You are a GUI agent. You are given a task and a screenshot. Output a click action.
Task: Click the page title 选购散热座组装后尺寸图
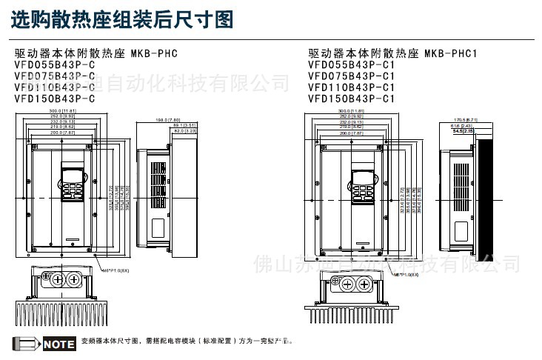[122, 19]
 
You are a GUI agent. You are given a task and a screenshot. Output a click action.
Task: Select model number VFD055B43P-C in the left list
[55, 64]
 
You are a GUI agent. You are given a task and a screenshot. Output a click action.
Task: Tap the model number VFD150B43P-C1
[351, 98]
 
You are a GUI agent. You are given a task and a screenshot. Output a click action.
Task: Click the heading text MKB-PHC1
[452, 53]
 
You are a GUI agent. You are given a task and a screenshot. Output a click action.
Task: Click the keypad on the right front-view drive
[362, 188]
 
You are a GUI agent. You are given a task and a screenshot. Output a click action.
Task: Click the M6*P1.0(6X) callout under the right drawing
[405, 274]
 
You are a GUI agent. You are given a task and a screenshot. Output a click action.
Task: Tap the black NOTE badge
[59, 344]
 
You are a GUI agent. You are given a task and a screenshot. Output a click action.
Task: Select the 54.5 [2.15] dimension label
[464, 131]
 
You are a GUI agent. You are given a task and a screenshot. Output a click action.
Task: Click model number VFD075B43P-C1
[351, 76]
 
